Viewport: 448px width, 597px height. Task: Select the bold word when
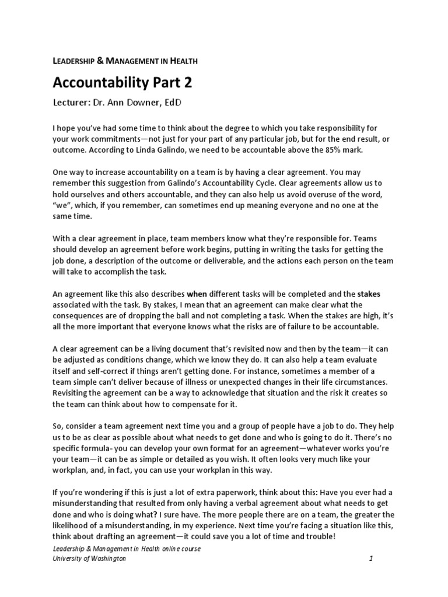[x=197, y=293]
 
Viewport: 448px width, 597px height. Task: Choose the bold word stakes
[x=369, y=293]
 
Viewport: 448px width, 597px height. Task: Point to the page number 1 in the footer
[x=370, y=559]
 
